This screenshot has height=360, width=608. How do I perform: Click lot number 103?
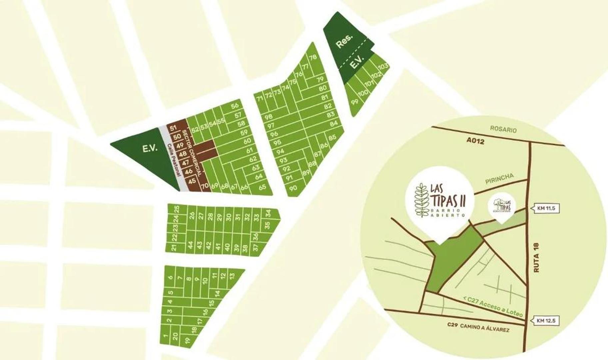[383, 66]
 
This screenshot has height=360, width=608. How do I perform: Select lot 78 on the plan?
[312, 57]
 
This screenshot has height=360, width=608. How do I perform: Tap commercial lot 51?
[173, 128]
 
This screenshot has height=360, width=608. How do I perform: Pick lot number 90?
[293, 188]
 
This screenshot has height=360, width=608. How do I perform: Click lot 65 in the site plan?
[263, 187]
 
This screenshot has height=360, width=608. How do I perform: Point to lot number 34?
[268, 213]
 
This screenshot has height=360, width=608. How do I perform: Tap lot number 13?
[232, 276]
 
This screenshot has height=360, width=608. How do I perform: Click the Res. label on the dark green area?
[344, 41]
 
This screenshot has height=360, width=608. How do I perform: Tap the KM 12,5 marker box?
[546, 321]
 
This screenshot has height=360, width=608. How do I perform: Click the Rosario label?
[503, 129]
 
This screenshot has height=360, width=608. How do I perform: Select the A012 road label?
[475, 141]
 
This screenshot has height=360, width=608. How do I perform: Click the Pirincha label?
[499, 178]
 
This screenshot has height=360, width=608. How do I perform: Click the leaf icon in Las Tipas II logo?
[420, 200]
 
